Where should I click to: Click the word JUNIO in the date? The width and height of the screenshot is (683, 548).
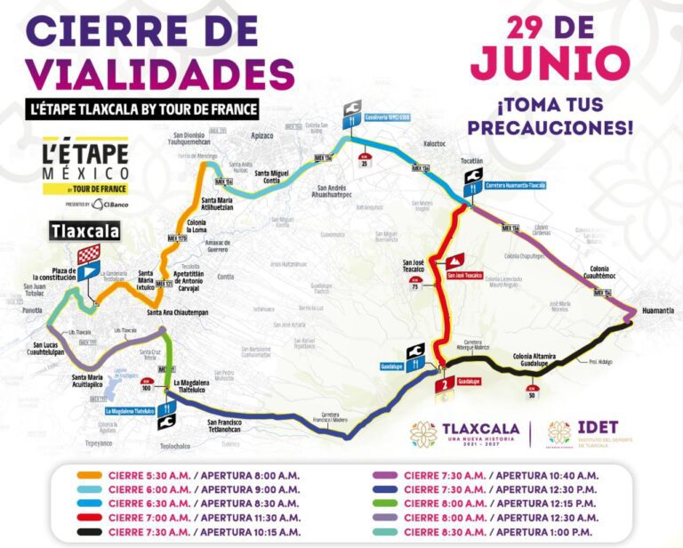pyautogui.click(x=550, y=63)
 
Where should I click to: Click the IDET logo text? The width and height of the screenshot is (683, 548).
pyautogui.click(x=597, y=428)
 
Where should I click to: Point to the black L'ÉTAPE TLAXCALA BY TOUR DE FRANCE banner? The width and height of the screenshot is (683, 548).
pyautogui.click(x=142, y=109)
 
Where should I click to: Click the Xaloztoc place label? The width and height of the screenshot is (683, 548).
pyautogui.click(x=432, y=141)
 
